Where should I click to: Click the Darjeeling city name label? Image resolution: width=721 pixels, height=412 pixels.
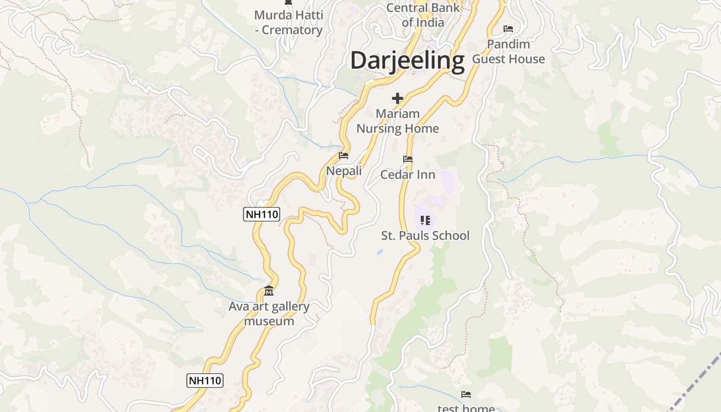pos(407,60)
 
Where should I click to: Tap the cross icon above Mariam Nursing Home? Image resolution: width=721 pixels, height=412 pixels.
pos(397,98)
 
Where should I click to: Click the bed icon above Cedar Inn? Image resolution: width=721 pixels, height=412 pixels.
pos(408,159)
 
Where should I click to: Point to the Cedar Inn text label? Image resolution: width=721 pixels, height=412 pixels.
pos(407,175)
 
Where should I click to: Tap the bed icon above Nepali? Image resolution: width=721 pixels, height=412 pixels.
pos(344,156)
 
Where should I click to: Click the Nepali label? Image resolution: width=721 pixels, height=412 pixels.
pos(344,170)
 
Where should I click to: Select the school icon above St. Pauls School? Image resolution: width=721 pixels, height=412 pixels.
pos(425,220)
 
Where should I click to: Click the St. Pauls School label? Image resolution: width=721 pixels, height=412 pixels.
pos(425,235)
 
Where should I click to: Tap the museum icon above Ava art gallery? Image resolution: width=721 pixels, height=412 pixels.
pos(268,291)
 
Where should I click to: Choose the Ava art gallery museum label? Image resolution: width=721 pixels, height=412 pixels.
pos(269,314)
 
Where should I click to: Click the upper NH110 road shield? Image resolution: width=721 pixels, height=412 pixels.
pos(262,214)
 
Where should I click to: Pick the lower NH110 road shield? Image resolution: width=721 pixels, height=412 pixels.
pos(204,381)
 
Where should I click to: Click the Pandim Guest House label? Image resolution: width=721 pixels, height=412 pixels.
pos(508,51)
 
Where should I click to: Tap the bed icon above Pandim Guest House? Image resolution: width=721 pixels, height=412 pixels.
pos(508,29)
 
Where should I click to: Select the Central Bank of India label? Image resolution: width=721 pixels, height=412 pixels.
pos(423,15)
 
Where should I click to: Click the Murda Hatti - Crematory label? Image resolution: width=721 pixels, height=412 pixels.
pos(288,22)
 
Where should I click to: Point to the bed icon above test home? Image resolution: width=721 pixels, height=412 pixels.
pos(466,394)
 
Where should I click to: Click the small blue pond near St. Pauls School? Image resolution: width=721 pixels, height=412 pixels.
pos(380,252)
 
